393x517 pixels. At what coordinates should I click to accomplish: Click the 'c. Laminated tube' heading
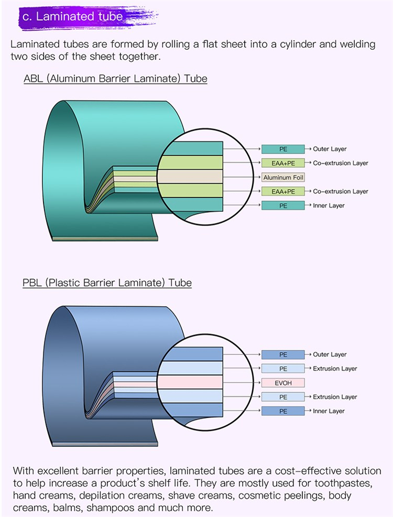(73, 16)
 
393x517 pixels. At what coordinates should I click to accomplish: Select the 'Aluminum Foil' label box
(283, 177)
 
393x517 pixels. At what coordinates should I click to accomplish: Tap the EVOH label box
(283, 383)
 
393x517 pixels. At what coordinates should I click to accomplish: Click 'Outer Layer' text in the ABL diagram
(330, 149)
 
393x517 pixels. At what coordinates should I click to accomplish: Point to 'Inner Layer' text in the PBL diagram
(329, 411)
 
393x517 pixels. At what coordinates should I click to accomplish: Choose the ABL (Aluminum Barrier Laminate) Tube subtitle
(115, 79)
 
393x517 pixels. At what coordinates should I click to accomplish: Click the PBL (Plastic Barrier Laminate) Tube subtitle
(107, 283)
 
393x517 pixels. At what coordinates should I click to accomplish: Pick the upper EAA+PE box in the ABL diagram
(283, 163)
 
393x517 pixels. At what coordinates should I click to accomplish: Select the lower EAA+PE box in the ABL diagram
(283, 191)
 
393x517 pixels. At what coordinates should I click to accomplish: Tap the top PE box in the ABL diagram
(283, 149)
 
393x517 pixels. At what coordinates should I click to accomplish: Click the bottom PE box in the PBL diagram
(283, 411)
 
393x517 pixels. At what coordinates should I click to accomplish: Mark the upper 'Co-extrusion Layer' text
(341, 163)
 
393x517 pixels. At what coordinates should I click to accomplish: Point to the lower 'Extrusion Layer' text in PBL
(335, 397)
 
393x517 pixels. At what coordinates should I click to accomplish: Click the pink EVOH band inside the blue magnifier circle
(194, 382)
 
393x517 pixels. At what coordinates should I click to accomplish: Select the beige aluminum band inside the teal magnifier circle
(191, 177)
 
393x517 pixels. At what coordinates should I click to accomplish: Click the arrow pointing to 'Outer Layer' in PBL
(309, 354)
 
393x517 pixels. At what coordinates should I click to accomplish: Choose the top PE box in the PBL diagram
(283, 354)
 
